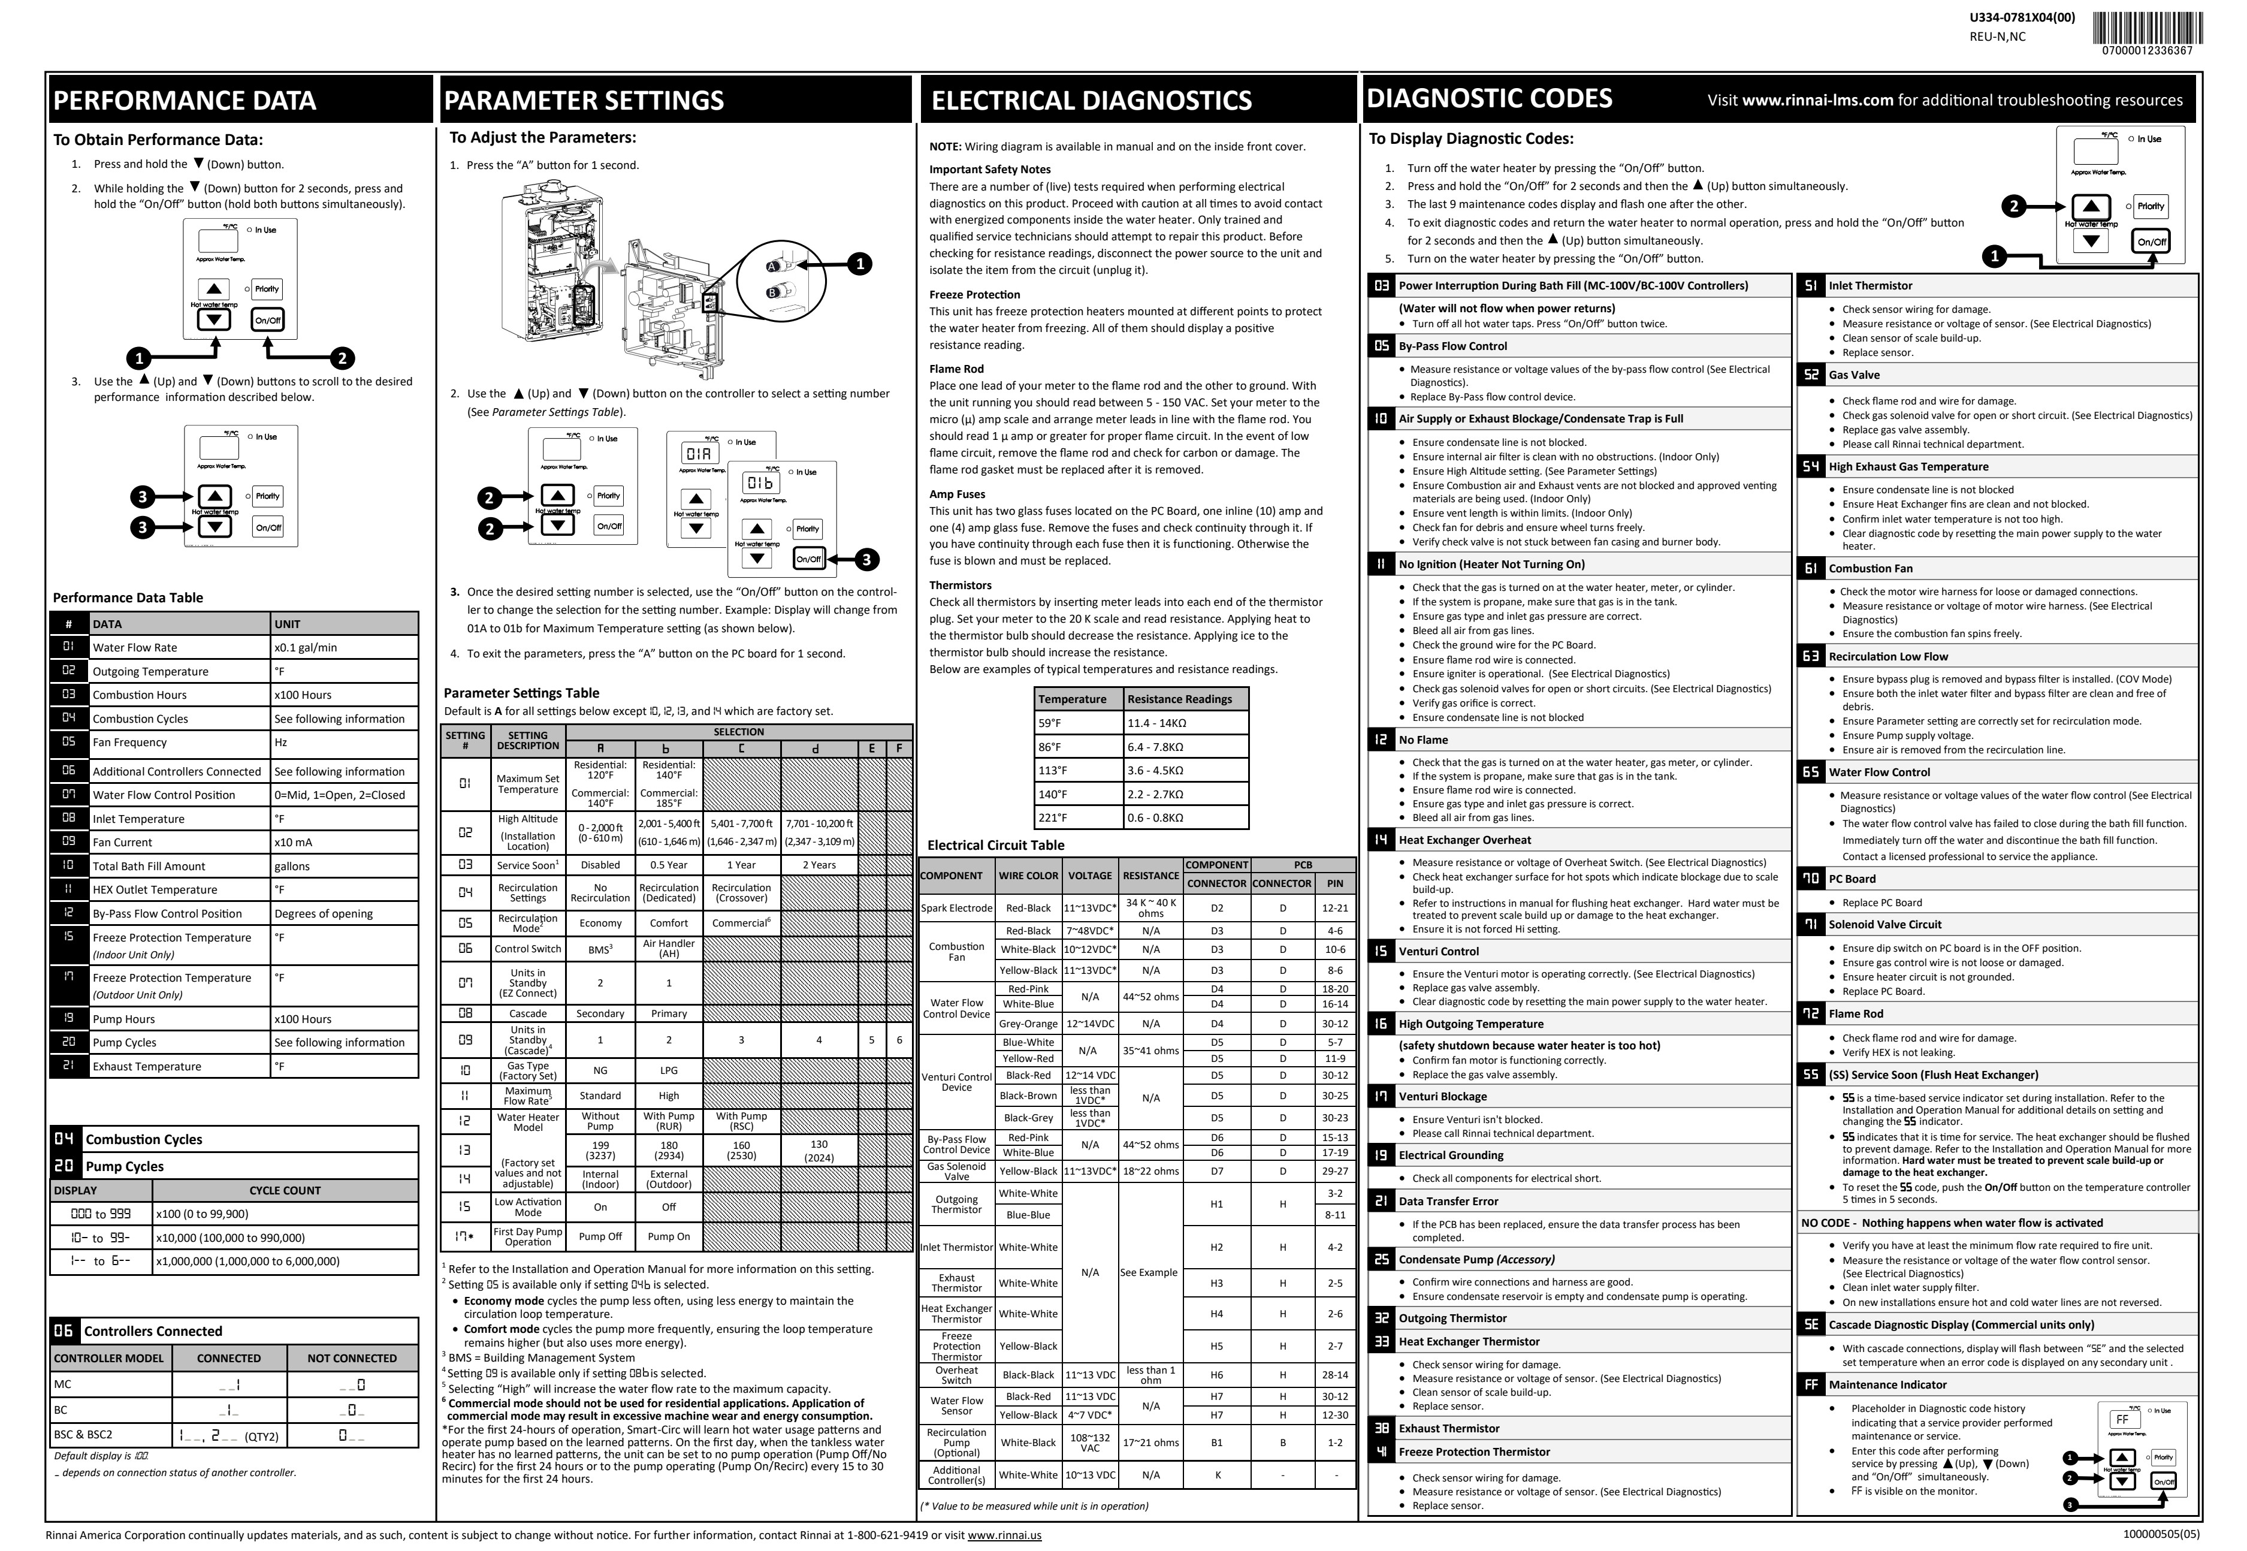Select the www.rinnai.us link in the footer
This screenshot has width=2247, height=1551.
[1004, 1535]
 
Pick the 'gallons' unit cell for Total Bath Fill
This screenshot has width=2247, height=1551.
[291, 866]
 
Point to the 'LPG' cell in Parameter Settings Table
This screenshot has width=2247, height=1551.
[668, 1070]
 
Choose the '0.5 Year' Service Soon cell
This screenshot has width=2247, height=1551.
[668, 865]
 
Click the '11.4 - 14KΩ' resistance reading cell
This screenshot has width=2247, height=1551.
[1156, 723]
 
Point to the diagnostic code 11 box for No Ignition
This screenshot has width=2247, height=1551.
[1381, 565]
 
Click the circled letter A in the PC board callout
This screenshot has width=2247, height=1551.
[774, 266]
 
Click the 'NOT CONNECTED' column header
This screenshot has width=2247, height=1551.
[352, 1359]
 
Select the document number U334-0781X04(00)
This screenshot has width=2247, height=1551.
[2022, 17]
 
